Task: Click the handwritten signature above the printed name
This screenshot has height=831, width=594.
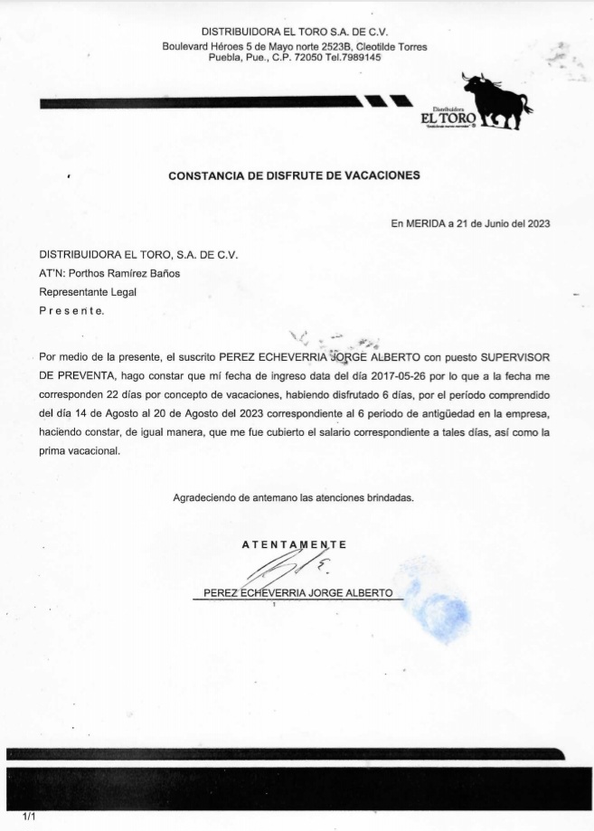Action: tap(285, 570)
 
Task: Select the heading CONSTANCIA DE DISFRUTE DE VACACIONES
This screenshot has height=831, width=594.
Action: tap(294, 176)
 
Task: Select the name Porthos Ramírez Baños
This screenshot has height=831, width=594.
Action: tap(131, 273)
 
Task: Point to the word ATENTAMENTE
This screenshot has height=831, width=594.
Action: tap(294, 544)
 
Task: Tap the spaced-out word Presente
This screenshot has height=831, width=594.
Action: tap(72, 310)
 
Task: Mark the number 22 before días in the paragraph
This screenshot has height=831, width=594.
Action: tap(113, 394)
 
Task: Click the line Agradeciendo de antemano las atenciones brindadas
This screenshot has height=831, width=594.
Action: tap(294, 497)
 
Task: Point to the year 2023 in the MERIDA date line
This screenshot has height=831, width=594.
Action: tap(537, 223)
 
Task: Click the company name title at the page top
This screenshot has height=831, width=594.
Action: tap(294, 32)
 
